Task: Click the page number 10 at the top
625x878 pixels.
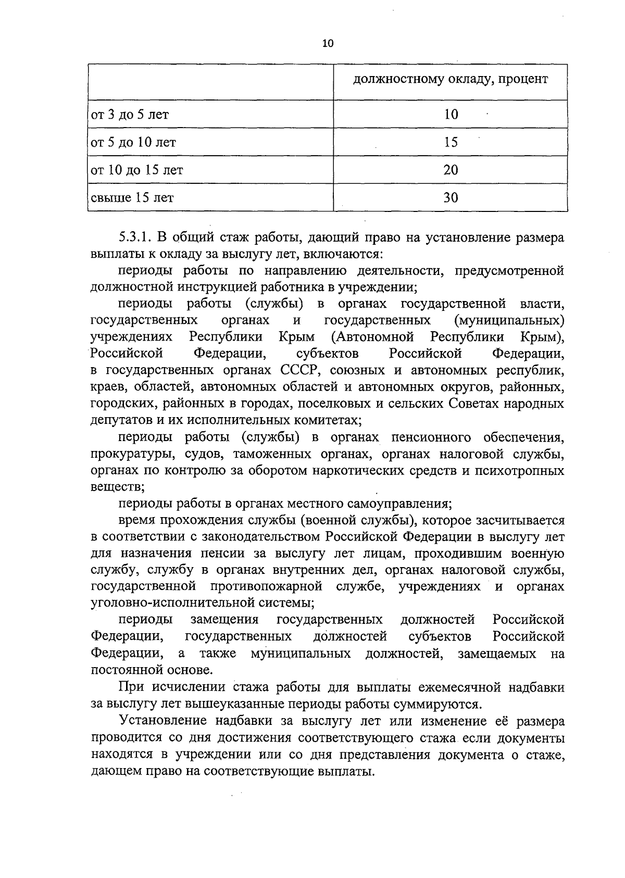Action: pyautogui.click(x=328, y=44)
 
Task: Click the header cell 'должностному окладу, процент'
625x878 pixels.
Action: pyautogui.click(x=451, y=80)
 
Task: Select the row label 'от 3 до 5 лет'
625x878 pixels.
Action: pyautogui.click(x=130, y=115)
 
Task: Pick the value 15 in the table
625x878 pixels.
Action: pyautogui.click(x=451, y=142)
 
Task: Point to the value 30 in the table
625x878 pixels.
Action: pyautogui.click(x=451, y=197)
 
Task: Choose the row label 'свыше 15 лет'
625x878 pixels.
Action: pyautogui.click(x=133, y=197)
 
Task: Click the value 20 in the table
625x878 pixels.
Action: pyautogui.click(x=451, y=170)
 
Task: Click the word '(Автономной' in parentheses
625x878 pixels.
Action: pyautogui.click(x=372, y=337)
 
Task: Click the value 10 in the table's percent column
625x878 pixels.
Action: pyautogui.click(x=451, y=115)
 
